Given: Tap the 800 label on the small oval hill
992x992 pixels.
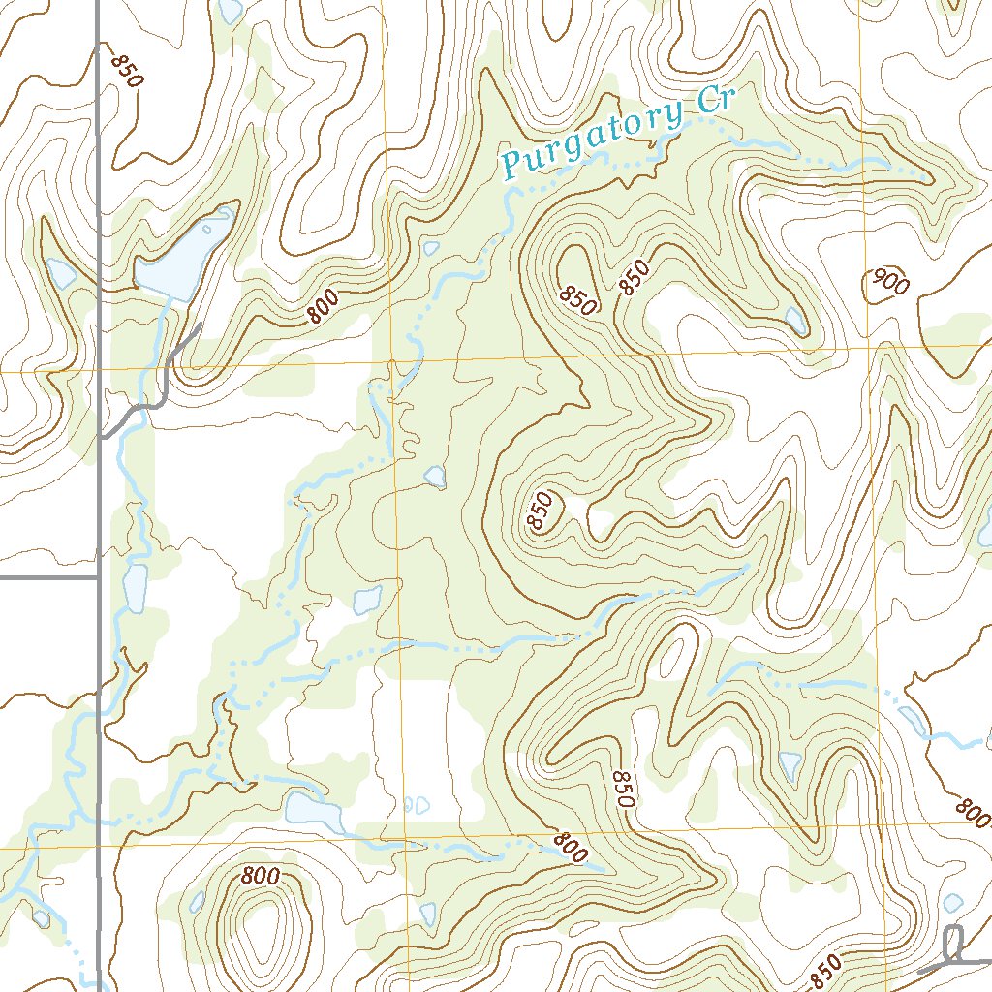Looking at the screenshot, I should pyautogui.click(x=261, y=876).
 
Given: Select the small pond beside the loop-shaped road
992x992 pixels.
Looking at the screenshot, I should pyautogui.click(x=953, y=903).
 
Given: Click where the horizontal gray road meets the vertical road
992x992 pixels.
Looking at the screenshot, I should pyautogui.click(x=100, y=578).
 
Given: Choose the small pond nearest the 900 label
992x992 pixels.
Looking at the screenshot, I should pyautogui.click(x=795, y=319).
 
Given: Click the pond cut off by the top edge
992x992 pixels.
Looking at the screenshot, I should pyautogui.click(x=231, y=10).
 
